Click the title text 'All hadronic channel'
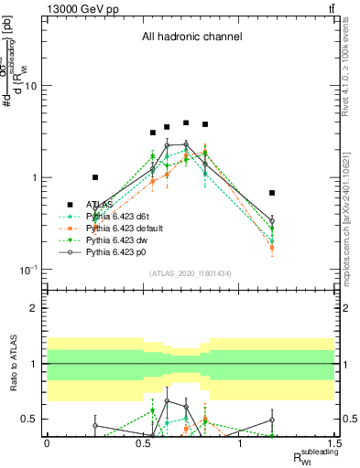point(191,37)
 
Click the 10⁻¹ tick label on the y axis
point(30,270)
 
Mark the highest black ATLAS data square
point(186,122)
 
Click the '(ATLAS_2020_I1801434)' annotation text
point(191,273)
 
